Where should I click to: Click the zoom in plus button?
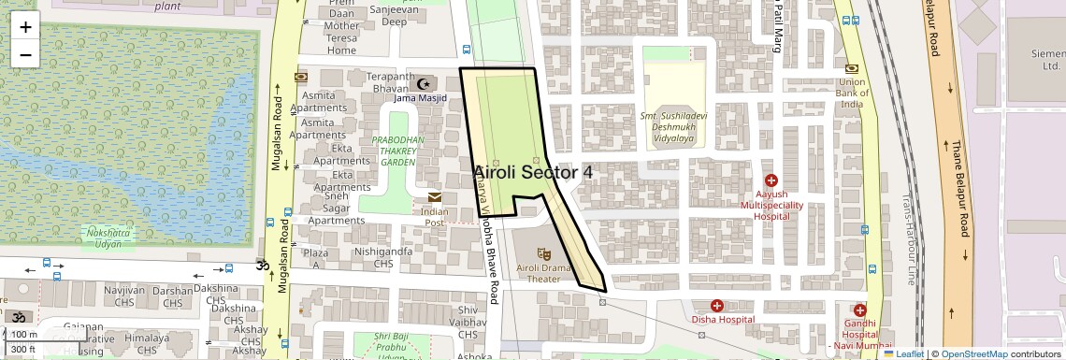click(x=25, y=26)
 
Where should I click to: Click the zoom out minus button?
click(x=25, y=54)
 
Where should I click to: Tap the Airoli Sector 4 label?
click(x=533, y=172)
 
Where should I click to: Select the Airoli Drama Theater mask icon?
click(x=543, y=252)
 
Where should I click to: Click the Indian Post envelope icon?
click(x=435, y=197)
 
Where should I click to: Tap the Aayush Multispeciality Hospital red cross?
click(x=771, y=180)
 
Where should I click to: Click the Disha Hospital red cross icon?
click(x=716, y=305)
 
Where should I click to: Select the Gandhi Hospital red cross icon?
click(x=859, y=310)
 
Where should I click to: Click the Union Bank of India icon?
click(x=852, y=68)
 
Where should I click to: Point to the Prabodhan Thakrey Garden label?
click(x=398, y=151)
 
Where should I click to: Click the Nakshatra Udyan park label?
click(x=105, y=237)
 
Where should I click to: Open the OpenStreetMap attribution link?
click(x=973, y=353)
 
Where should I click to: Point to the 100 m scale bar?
click(x=26, y=334)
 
